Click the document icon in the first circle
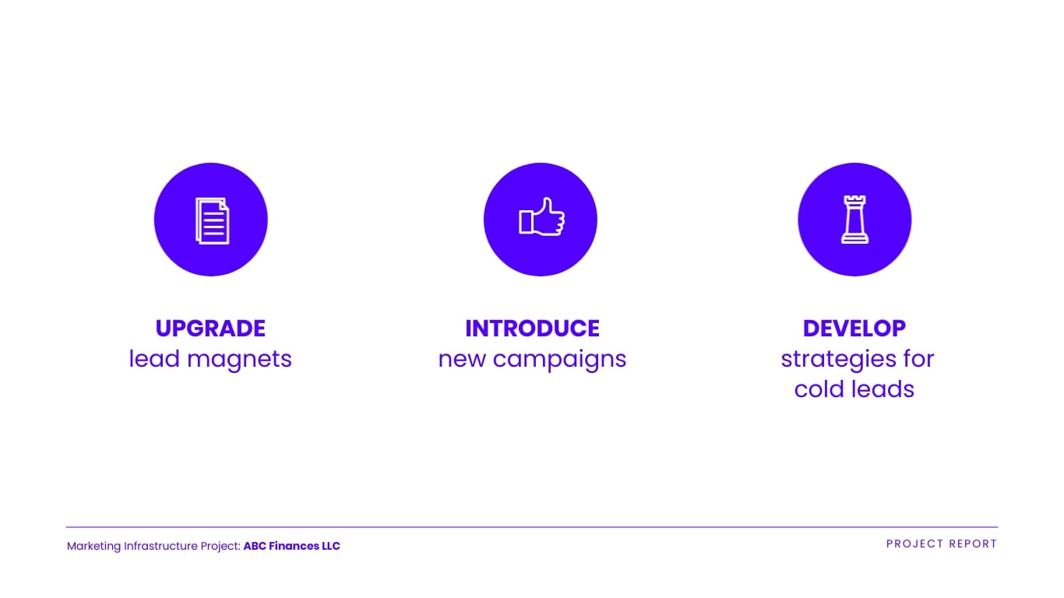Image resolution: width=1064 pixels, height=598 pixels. click(x=212, y=220)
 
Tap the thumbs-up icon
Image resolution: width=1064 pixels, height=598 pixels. click(x=541, y=218)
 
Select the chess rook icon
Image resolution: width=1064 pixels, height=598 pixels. click(x=854, y=220)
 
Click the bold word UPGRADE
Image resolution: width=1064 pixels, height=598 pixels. click(x=210, y=329)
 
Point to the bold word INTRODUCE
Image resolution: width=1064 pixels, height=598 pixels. click(x=532, y=329)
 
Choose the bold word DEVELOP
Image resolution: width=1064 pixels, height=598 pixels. click(x=854, y=329)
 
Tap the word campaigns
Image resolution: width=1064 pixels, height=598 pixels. click(x=559, y=360)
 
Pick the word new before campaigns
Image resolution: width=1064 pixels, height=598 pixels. click(x=463, y=360)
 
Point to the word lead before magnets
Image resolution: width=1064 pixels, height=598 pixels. click(x=154, y=360)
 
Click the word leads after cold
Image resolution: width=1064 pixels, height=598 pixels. click(x=883, y=389)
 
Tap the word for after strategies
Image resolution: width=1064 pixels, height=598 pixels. click(x=917, y=360)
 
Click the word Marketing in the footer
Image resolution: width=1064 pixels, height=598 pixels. click(x=93, y=547)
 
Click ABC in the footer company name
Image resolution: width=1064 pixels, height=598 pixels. click(x=255, y=547)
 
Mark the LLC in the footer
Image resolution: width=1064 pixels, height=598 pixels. click(x=330, y=547)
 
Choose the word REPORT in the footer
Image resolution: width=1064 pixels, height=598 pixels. click(x=974, y=544)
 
